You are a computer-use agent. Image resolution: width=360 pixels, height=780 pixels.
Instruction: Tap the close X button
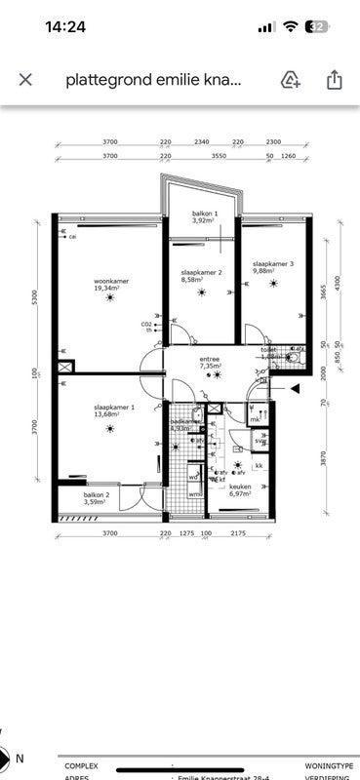pos(25,80)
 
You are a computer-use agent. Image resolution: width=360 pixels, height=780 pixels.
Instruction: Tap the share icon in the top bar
pos(335,80)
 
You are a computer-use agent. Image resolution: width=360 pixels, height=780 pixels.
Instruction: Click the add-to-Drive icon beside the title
pos(290,80)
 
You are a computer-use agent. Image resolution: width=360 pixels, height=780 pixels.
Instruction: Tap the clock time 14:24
pos(65,27)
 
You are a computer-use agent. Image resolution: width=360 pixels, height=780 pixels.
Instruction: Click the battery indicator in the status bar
pos(318,27)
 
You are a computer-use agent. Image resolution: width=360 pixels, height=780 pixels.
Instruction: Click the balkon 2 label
pos(96,499)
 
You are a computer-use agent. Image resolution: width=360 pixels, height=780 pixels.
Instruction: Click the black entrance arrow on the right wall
pos(294,388)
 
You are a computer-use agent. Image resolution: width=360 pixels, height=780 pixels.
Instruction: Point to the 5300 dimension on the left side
pos(33,296)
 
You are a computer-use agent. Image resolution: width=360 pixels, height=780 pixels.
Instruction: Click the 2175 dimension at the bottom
pos(237,533)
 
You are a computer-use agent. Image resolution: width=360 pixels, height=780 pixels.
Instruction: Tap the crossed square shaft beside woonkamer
pos(65,368)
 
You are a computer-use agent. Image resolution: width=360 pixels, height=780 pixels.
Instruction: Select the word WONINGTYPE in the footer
pos(329,766)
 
